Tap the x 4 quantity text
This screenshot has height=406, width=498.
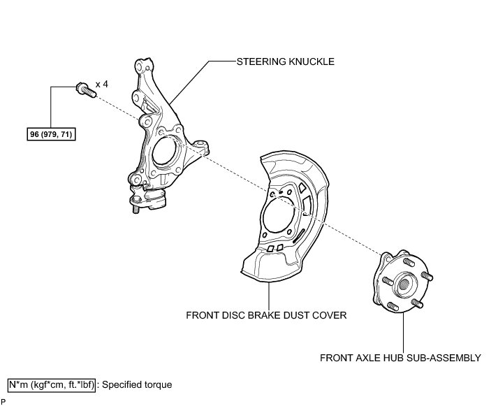click(x=102, y=84)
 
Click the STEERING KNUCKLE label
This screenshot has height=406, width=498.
click(x=286, y=61)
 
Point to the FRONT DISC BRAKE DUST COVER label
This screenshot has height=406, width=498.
click(x=266, y=314)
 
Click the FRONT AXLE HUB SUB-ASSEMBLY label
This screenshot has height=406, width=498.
click(x=400, y=358)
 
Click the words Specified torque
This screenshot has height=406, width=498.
click(x=137, y=384)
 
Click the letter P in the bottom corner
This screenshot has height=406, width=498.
click(x=3, y=402)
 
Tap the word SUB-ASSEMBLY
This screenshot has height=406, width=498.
click(x=445, y=358)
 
